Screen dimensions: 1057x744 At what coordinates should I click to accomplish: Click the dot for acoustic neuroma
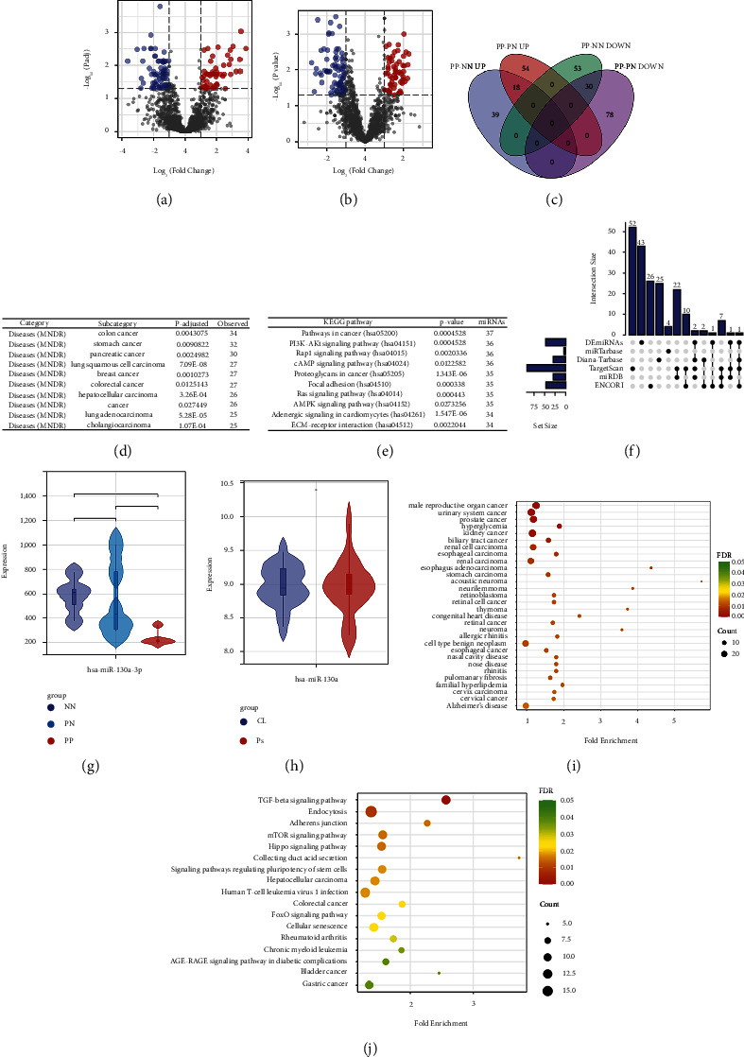pyautogui.click(x=701, y=581)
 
